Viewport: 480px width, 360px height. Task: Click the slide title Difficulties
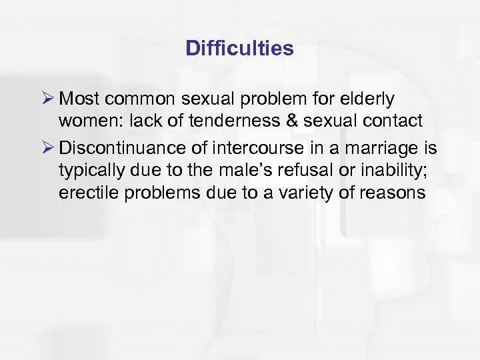239,49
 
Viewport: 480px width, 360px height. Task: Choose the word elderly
369,99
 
